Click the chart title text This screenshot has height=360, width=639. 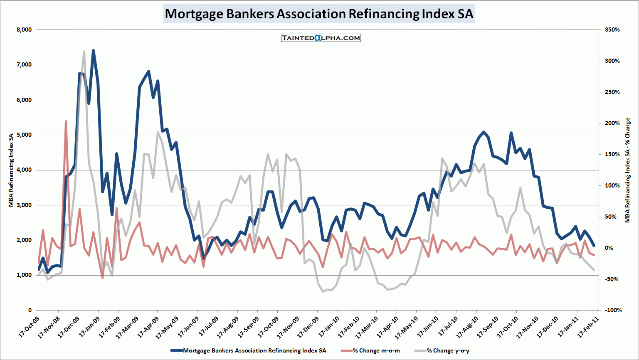tap(319, 14)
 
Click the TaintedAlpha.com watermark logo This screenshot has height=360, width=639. tap(321, 38)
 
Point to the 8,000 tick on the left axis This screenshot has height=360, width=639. tap(25, 30)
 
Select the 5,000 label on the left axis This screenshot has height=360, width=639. tap(25, 135)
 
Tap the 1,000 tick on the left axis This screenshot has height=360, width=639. tap(25, 275)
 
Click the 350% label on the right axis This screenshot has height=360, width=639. tap(612, 30)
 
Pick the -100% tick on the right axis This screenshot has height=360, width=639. tap(611, 310)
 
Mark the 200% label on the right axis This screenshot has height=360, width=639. tap(612, 123)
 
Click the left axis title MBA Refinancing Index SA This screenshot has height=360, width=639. tap(11, 170)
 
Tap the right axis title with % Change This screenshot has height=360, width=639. tap(627, 170)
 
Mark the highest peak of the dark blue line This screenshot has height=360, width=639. tap(93, 51)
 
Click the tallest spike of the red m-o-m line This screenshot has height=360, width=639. tap(66, 121)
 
